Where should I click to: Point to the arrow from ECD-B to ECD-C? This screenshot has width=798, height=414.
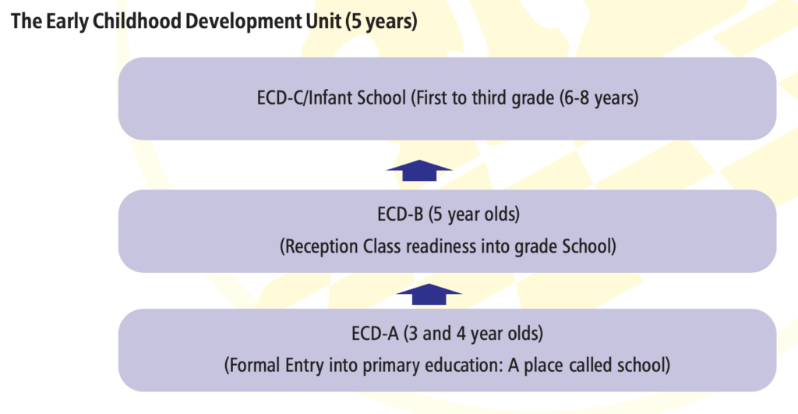tap(419, 170)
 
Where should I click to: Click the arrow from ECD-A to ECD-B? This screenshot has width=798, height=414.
tap(429, 295)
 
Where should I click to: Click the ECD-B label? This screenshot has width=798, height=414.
tap(400, 214)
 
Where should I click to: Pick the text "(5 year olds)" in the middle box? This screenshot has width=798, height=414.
tap(474, 214)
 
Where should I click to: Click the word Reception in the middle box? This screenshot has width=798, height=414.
tap(319, 246)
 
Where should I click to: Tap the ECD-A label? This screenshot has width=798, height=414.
tap(375, 334)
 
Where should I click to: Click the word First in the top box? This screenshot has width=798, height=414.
tap(429, 97)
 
